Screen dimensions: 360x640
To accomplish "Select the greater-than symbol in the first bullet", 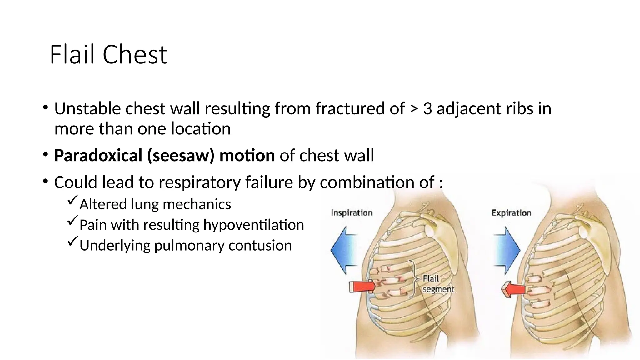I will pyautogui.click(x=414, y=109).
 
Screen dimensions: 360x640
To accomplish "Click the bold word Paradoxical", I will pyautogui.click(x=98, y=156).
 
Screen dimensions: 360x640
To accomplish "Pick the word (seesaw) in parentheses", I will pyautogui.click(x=181, y=156).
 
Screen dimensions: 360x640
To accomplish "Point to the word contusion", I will pyautogui.click(x=260, y=245).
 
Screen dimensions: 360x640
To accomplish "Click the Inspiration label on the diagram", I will pyautogui.click(x=352, y=213).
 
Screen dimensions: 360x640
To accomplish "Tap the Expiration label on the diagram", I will pyautogui.click(x=511, y=213).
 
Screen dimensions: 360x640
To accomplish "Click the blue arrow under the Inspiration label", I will pyautogui.click(x=344, y=250).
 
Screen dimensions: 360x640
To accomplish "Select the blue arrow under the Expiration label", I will pyautogui.click(x=507, y=250).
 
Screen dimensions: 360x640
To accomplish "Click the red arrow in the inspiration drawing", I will pyautogui.click(x=362, y=286).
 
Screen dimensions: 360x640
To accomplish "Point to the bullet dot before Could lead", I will pyautogui.click(x=46, y=181).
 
